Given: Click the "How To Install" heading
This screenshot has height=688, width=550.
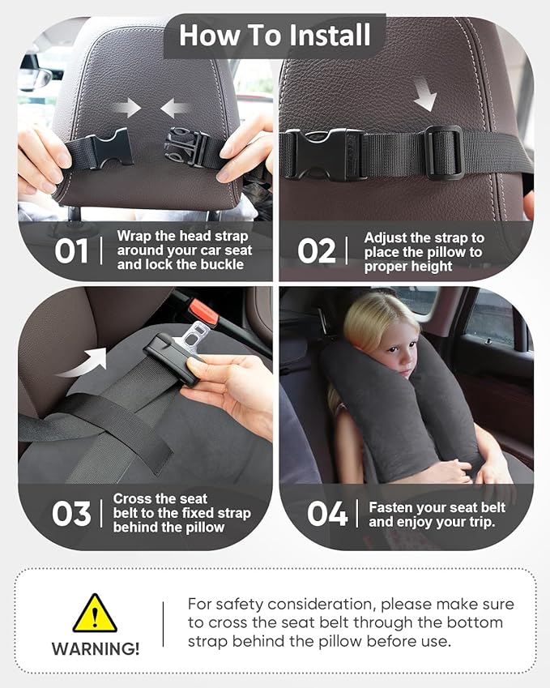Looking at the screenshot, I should (275, 35).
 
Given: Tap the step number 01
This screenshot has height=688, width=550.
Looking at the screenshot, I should (71, 251).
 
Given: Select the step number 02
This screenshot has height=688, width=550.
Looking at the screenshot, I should (316, 251).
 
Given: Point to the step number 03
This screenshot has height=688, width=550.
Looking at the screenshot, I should (71, 514).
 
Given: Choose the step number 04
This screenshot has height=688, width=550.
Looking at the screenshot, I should (328, 514).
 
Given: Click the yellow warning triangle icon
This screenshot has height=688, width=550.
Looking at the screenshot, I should (95, 615).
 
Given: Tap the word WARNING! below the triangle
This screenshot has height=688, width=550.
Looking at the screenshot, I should (95, 649).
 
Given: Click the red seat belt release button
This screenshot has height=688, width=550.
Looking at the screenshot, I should (203, 310).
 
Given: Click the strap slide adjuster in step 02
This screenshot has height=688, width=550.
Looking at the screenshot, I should (444, 152).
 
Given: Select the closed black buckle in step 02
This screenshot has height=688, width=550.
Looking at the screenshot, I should (322, 153).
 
